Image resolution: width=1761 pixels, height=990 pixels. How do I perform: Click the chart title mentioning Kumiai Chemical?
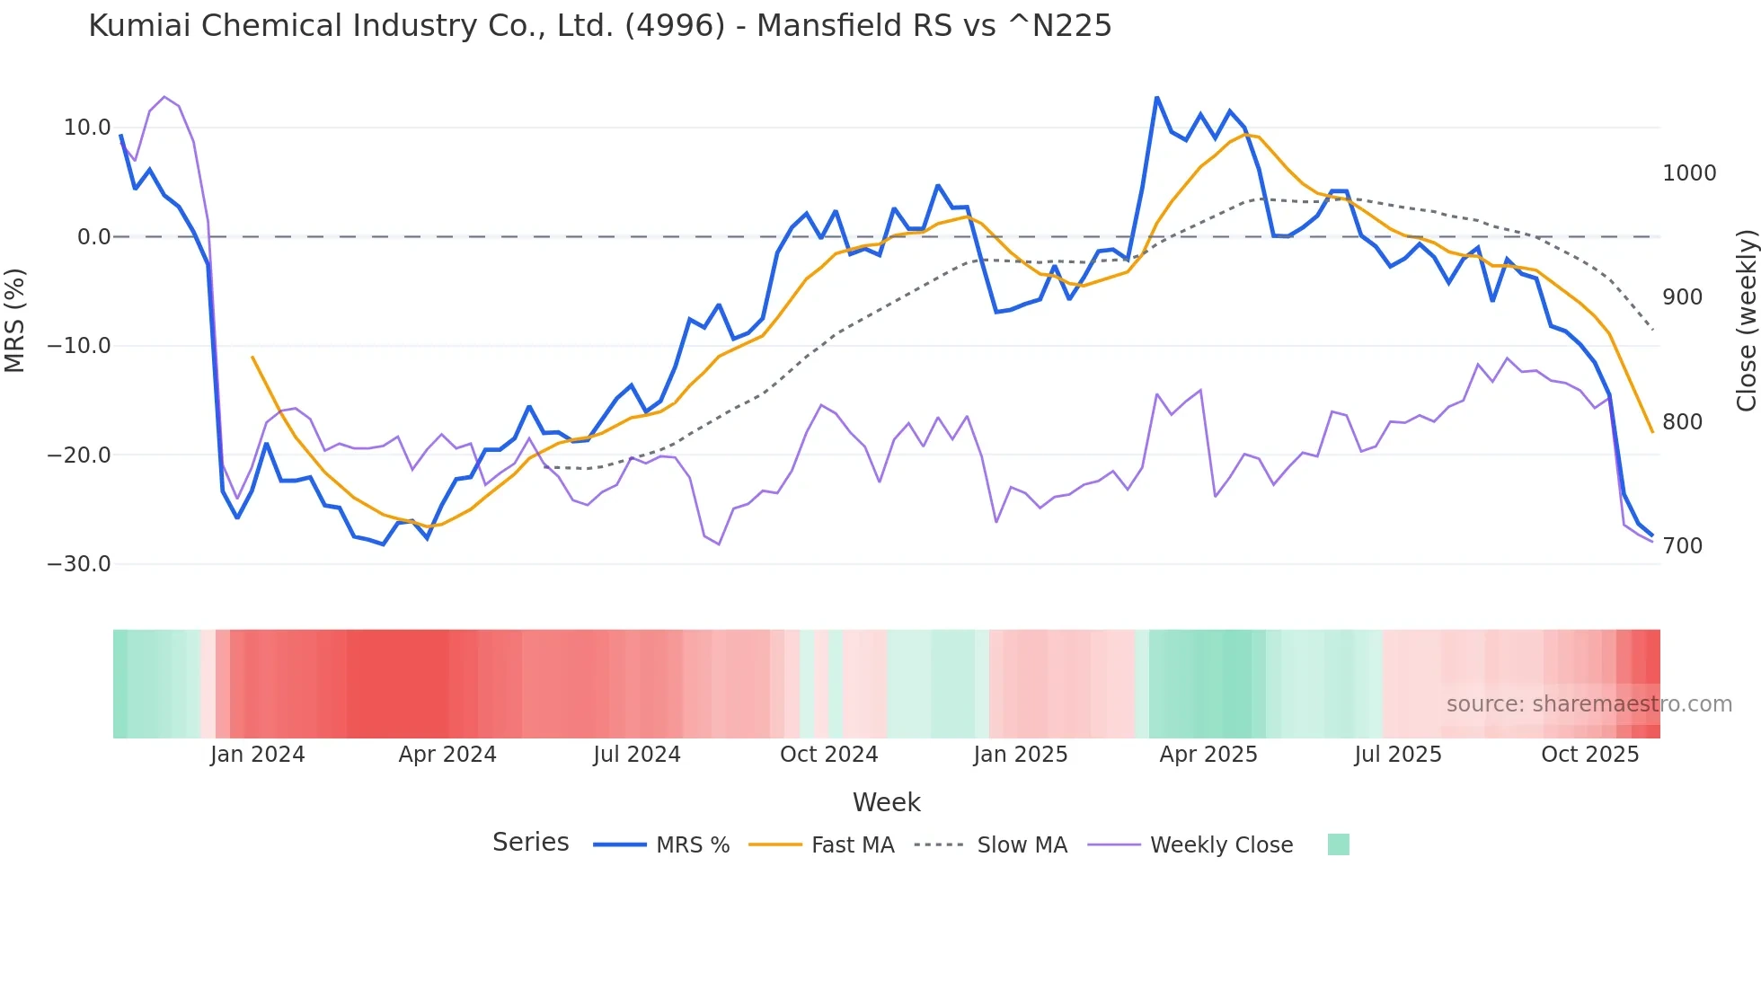pos(599,26)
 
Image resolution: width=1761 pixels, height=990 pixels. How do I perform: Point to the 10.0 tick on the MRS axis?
pos(87,128)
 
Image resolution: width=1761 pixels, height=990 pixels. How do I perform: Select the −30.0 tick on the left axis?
pos(79,564)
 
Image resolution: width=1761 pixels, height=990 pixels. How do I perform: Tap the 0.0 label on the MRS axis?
pos(93,237)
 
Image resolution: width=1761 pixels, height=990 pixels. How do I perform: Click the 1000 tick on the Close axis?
pos(1689,173)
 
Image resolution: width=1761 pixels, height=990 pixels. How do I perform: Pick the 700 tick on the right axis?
pos(1682,546)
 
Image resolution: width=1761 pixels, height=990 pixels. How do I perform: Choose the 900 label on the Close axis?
pos(1682,297)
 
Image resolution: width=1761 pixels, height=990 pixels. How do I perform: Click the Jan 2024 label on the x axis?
pos(257,755)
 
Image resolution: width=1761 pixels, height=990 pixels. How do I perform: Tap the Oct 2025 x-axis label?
pos(1589,755)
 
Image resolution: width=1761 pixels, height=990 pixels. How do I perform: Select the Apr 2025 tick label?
pos(1208,755)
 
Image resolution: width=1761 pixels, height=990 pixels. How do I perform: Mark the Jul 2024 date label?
pos(636,755)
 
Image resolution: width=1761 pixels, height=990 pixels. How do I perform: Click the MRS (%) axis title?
pos(15,320)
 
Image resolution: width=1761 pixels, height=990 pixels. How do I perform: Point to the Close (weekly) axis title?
pos(1746,320)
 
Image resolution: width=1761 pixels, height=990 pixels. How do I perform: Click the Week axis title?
pos(886,802)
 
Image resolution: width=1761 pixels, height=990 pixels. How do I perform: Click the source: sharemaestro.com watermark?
pos(1588,704)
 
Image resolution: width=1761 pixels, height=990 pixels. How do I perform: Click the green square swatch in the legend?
pos(1338,844)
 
